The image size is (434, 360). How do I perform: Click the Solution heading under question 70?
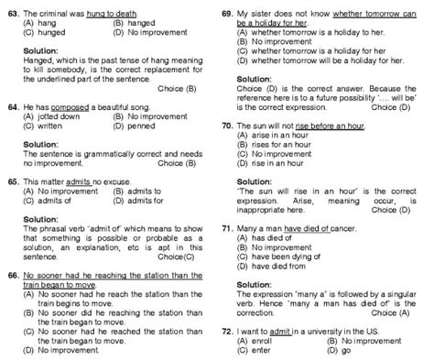(254, 182)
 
